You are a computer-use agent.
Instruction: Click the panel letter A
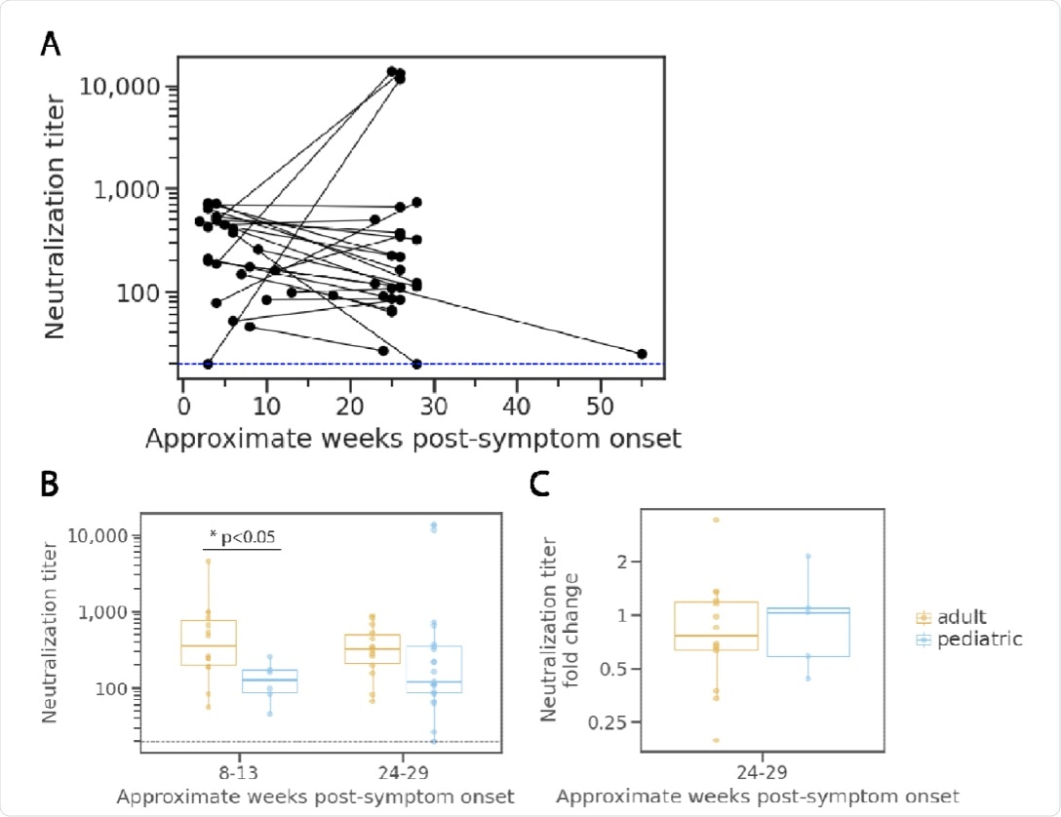(x=49, y=45)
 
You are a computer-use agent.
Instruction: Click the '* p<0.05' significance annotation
(x=243, y=535)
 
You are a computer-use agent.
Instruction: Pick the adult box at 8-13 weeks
(x=209, y=642)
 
